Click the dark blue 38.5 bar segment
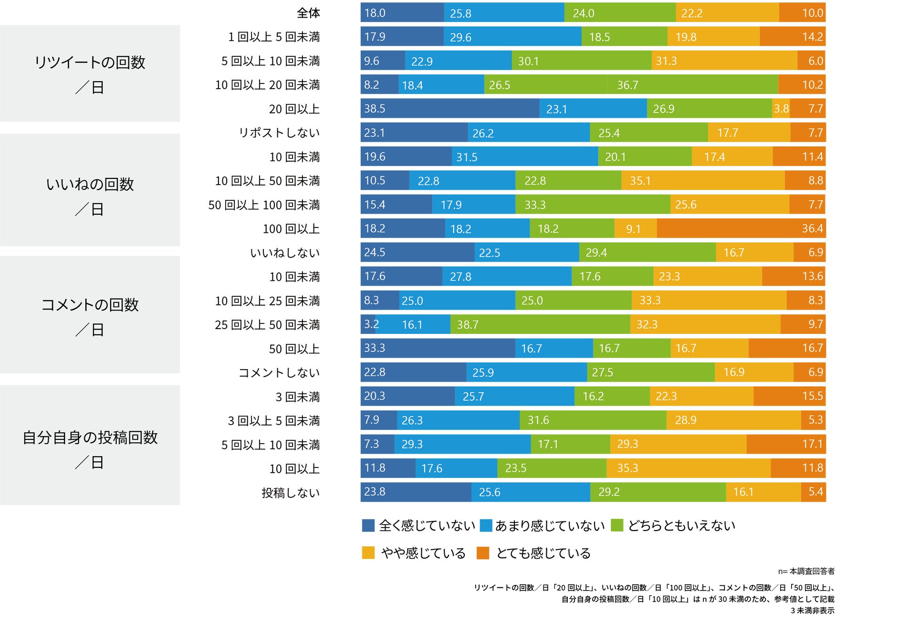coord(449,109)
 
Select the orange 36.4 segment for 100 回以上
coord(741,229)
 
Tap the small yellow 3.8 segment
coord(781,109)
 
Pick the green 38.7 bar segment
coord(540,324)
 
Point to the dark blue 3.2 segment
coord(368,324)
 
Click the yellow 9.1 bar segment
coord(635,229)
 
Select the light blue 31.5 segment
coord(524,157)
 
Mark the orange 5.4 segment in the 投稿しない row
coord(813,492)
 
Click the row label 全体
coord(308,13)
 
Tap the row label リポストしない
coord(279,133)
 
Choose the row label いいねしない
coord(285,253)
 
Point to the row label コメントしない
coord(279,373)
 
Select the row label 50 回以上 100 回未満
coord(264,205)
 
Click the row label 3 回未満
coord(297,397)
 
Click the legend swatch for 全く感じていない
coord(368,525)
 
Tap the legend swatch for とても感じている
coord(483,553)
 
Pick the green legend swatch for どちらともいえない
coord(617,525)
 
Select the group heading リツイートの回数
coord(90,62)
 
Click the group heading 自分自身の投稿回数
coord(90,437)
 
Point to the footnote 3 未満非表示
coord(812,611)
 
